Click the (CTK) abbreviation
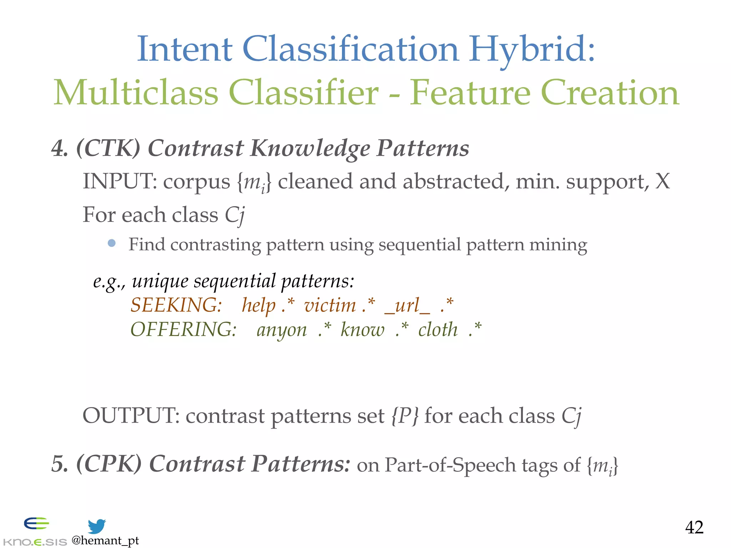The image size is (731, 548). (x=108, y=148)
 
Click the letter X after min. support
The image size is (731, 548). (x=662, y=181)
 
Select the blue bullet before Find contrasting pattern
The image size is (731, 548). (x=112, y=243)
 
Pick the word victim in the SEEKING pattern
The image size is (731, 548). (x=330, y=306)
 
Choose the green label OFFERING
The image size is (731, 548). (x=183, y=329)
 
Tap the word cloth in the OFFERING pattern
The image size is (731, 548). (x=438, y=329)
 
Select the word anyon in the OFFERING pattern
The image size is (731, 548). (x=282, y=330)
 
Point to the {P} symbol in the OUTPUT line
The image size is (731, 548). (x=405, y=416)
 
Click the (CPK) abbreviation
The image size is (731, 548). (x=109, y=464)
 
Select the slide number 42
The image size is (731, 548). (x=694, y=527)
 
